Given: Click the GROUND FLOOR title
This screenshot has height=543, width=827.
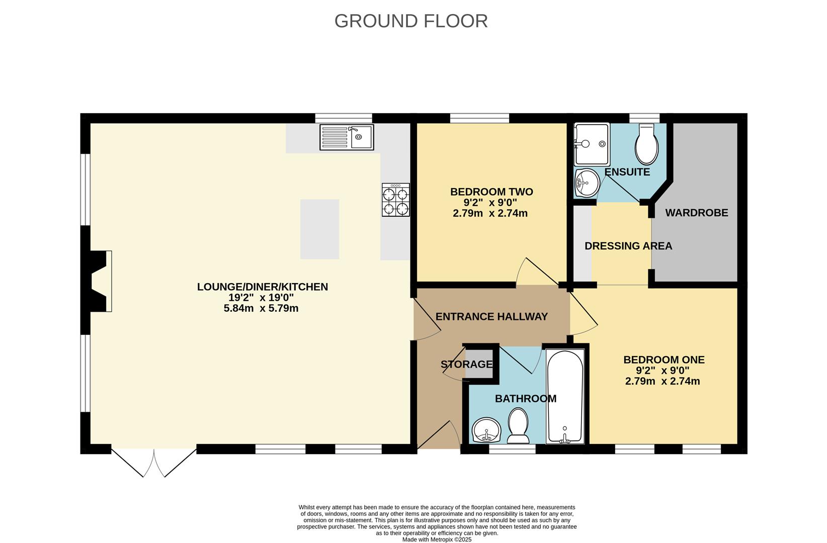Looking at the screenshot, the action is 411,21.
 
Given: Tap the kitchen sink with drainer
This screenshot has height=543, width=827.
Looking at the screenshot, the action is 347,137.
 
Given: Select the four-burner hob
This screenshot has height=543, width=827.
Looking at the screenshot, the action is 396,200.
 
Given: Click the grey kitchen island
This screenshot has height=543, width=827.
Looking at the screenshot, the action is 320,229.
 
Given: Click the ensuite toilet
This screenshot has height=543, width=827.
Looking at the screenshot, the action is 646,144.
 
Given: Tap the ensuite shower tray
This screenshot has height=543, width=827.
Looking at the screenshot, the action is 592,144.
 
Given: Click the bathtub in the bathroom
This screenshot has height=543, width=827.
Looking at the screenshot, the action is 565,397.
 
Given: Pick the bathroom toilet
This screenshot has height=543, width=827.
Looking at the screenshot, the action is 518,425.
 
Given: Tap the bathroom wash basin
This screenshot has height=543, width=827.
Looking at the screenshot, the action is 486,430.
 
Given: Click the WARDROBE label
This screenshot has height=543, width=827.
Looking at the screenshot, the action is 697,213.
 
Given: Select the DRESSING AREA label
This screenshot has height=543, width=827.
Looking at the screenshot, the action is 628,246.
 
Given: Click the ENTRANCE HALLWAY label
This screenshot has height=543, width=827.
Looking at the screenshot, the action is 491,317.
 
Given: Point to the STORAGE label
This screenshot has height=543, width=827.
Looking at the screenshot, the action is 467,365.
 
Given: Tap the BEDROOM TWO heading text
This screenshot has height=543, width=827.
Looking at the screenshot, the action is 491,192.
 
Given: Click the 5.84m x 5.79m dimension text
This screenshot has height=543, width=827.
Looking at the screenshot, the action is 261,308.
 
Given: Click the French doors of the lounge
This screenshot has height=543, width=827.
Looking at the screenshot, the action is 154,463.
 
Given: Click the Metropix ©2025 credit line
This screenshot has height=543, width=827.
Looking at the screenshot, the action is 437,539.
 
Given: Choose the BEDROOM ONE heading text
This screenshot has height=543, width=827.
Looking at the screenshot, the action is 664,359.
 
